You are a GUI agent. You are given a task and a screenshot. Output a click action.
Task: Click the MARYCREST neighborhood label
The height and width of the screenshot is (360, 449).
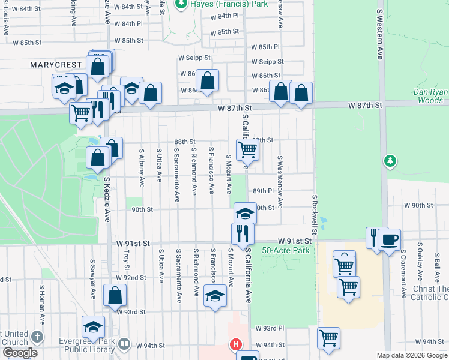point(53,64)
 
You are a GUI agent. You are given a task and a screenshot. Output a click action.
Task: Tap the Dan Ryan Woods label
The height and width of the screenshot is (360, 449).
point(428,97)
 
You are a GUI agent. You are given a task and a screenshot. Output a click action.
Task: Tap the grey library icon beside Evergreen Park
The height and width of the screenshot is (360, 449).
point(124,344)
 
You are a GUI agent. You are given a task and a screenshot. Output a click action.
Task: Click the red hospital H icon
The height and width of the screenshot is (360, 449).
point(237,345)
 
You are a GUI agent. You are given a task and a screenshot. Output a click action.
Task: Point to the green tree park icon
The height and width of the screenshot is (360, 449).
point(390,161)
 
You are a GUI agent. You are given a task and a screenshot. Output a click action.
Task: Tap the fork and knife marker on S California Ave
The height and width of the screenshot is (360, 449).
point(243,233)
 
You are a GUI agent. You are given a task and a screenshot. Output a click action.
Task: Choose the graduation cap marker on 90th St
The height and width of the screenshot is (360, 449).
point(245,213)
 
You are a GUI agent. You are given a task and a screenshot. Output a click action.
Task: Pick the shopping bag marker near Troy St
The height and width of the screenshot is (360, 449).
point(115,295)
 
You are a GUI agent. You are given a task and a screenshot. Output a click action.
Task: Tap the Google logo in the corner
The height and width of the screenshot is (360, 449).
point(19,353)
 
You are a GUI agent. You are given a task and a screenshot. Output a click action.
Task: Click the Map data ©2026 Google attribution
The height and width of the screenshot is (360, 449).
point(411,355)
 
